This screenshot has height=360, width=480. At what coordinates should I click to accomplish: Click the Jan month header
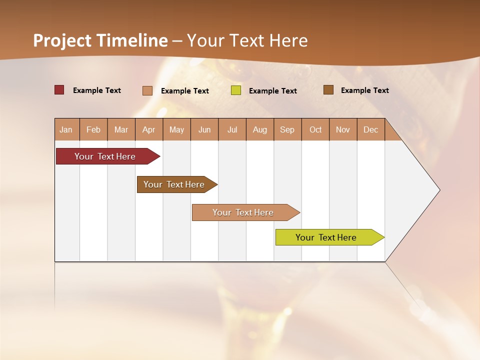click(x=66, y=129)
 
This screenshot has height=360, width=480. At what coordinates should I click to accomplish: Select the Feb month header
click(x=93, y=129)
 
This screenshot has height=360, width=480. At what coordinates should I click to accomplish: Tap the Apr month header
click(x=149, y=129)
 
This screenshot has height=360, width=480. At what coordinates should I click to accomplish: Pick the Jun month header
click(x=204, y=129)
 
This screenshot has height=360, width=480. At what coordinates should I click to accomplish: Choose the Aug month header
click(x=260, y=129)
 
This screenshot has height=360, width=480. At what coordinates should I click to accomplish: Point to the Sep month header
click(x=287, y=129)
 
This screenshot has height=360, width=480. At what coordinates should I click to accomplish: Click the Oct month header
click(x=315, y=129)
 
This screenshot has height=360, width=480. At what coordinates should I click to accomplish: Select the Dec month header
click(x=371, y=129)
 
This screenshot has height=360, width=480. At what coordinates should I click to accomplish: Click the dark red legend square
click(x=59, y=90)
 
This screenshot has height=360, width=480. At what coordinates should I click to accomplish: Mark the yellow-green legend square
click(x=236, y=90)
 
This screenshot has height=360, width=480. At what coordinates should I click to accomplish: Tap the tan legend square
click(x=147, y=90)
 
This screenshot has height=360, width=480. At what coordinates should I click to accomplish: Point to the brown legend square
click(x=328, y=90)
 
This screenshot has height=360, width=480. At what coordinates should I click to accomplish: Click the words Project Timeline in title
click(x=100, y=40)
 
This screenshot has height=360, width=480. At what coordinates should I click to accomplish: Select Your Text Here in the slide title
click(x=247, y=40)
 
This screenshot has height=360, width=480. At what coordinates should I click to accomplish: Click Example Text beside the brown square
click(x=364, y=90)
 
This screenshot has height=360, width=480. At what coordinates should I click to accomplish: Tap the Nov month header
click(x=343, y=129)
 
